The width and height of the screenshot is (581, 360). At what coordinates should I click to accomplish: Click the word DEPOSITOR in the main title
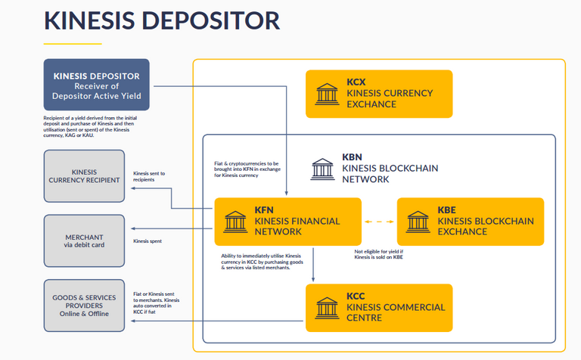click(x=200, y=20)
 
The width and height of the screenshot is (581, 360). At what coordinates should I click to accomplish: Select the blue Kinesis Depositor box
click(x=96, y=85)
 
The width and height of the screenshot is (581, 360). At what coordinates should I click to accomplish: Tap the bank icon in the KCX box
click(x=327, y=95)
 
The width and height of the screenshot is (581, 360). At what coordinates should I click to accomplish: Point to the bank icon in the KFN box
click(x=235, y=222)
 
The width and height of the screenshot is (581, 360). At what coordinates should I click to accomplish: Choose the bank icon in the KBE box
click(x=418, y=222)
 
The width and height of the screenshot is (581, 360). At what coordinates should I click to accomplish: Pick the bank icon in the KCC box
click(x=327, y=308)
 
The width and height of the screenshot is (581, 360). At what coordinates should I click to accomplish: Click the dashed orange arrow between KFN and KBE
click(x=379, y=222)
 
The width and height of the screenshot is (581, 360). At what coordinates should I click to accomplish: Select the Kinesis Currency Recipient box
click(x=84, y=175)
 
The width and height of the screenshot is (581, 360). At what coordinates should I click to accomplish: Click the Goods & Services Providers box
click(x=84, y=305)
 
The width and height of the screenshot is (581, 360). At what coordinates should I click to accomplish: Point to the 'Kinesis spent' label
click(x=147, y=241)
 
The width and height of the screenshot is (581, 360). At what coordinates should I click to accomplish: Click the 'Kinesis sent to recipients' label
click(x=149, y=177)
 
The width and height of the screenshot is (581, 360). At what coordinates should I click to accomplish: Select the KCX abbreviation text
click(x=356, y=81)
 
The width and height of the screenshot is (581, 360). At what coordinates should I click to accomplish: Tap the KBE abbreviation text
click(x=448, y=209)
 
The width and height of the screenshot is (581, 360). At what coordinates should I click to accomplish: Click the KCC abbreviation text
click(x=356, y=296)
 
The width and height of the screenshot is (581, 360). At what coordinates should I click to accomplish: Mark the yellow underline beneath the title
click(x=72, y=43)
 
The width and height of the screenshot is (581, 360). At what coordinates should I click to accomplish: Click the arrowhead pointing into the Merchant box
click(x=132, y=228)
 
